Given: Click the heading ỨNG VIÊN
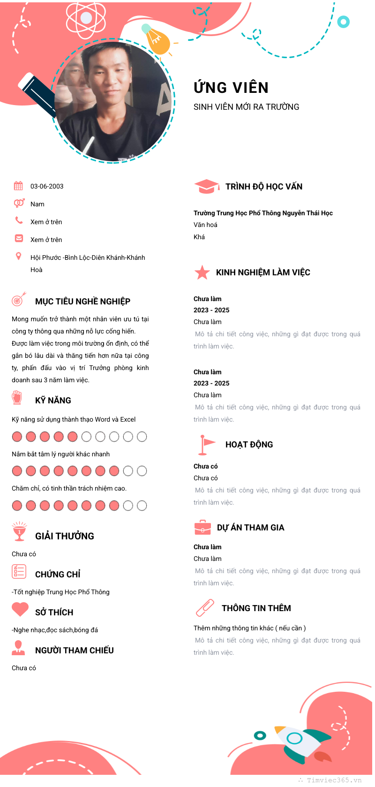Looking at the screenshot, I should coord(231,88).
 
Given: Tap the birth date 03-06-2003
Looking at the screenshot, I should coord(47,186).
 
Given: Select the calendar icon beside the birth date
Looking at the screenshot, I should coord(18,186).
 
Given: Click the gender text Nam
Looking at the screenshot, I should coord(37,204).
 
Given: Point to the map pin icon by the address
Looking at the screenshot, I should coord(18,256).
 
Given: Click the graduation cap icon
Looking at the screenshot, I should coord(206,187).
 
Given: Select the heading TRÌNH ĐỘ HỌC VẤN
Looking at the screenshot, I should coord(264,187).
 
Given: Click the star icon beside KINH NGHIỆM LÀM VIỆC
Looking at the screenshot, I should coord(202,272).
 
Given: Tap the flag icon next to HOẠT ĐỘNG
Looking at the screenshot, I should coord(205,445).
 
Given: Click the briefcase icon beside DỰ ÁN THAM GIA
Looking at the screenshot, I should coord(202,528).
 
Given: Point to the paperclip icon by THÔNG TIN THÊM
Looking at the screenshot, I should coord(205,608).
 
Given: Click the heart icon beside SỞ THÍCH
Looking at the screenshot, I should coord(20,609).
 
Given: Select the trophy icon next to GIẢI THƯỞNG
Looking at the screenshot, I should coord(19,531).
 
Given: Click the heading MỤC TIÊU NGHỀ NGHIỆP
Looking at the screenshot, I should coord(82,302).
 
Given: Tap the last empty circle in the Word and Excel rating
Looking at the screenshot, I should coord(142,437).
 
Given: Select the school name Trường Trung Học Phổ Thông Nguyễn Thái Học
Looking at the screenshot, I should coord(263,213).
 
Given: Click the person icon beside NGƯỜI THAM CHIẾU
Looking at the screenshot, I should coord(18,648).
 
